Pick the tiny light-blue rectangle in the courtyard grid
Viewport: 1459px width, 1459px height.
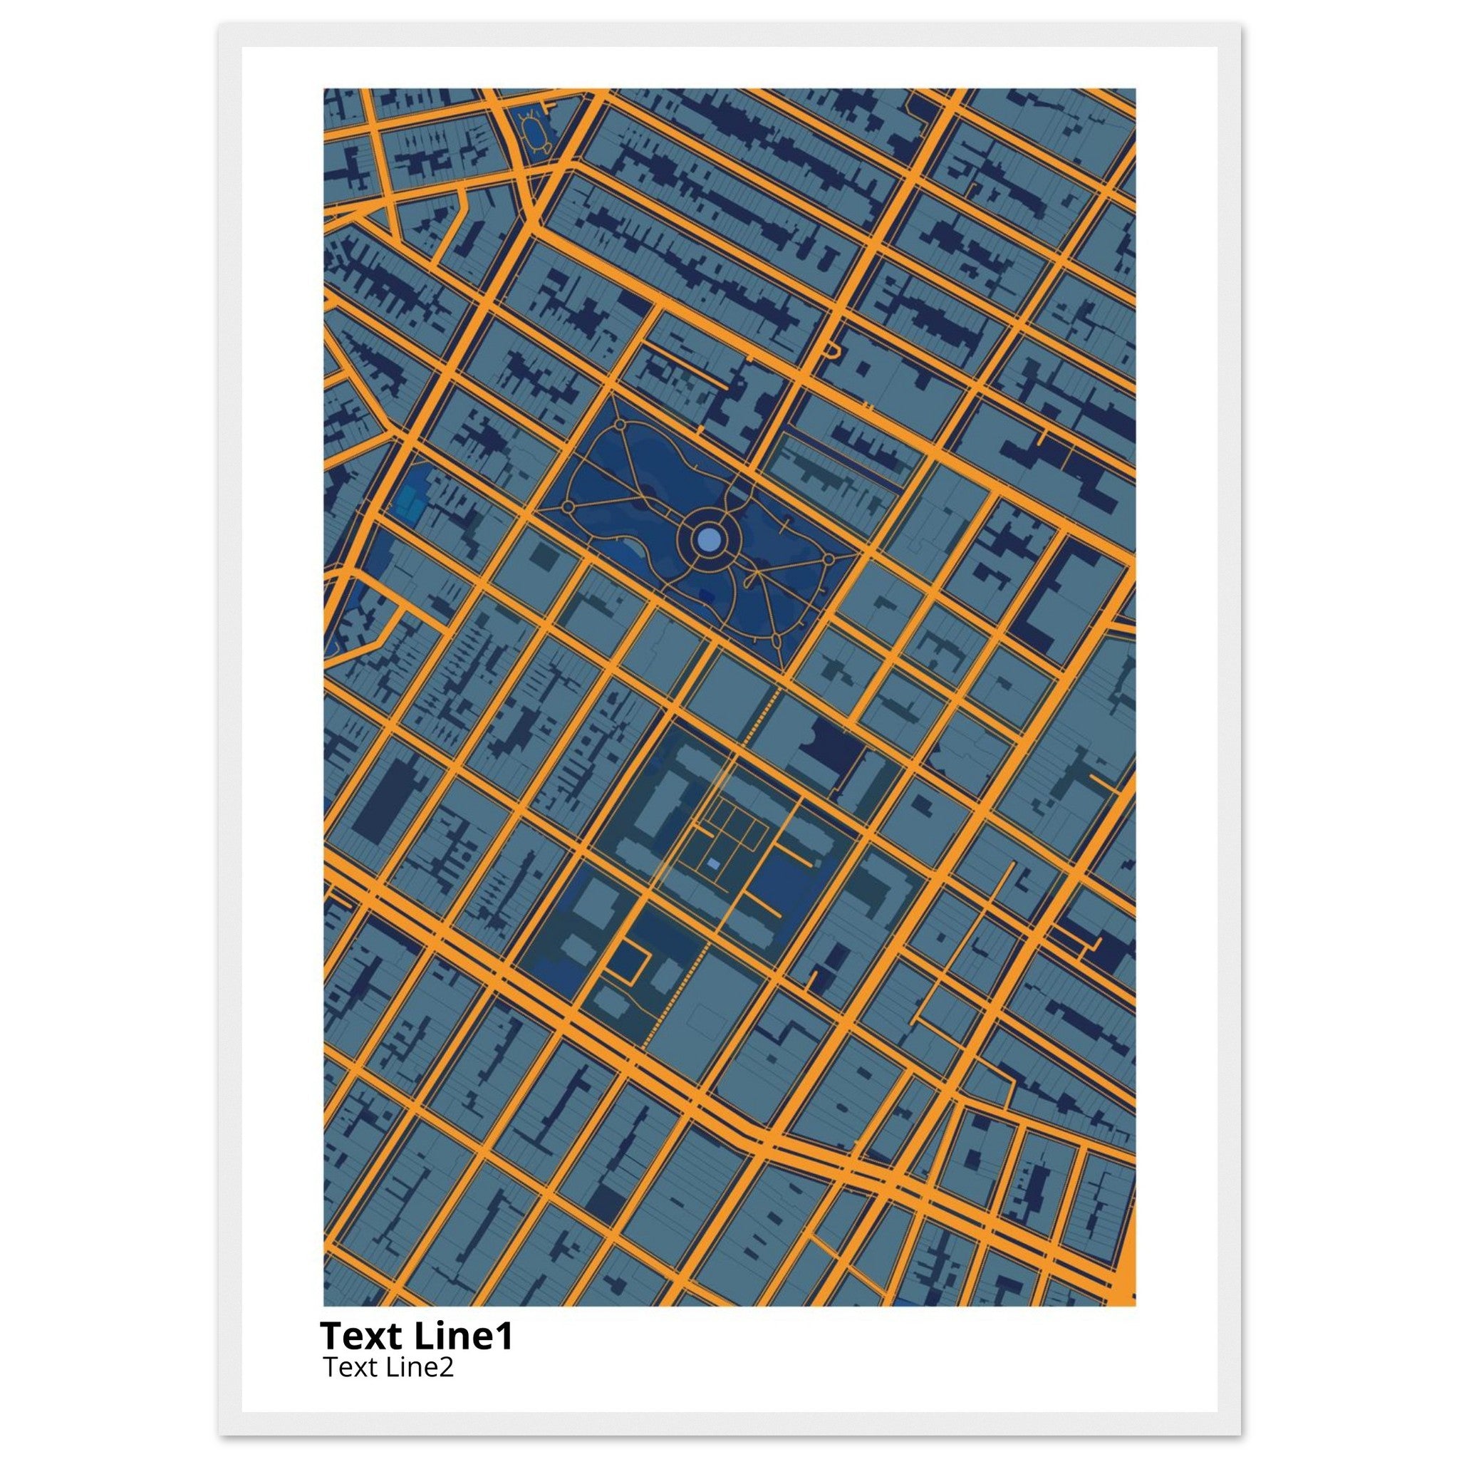714,863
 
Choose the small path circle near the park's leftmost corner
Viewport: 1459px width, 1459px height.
567,505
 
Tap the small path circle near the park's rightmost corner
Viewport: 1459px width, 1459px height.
829,559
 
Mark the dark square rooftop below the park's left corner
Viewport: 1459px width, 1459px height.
541,557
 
